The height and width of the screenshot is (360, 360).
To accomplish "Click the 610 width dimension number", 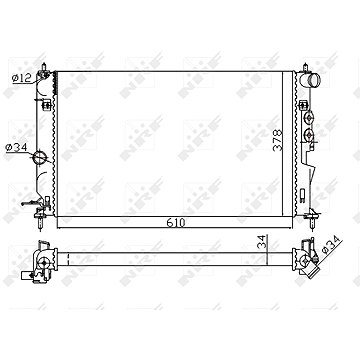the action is (176, 223).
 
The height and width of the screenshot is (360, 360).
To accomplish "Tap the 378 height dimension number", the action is (277, 140).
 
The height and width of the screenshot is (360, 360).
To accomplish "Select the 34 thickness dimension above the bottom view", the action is (263, 241).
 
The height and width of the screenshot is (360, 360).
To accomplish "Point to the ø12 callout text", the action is (22, 78).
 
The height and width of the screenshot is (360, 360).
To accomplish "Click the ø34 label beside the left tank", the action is (16, 147).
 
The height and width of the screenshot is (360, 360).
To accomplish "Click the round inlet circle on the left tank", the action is (39, 157).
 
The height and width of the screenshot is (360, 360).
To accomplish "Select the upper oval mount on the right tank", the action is (309, 117).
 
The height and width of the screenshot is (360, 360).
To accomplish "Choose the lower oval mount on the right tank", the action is (309, 135).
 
